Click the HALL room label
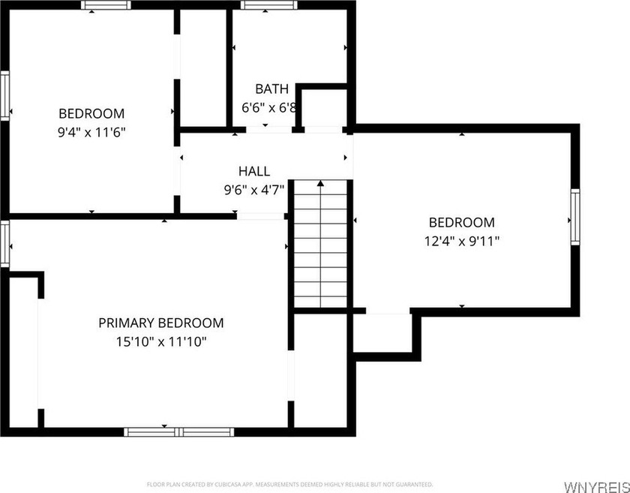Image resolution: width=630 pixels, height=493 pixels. [x=253, y=171]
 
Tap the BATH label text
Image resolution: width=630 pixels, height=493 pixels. [x=271, y=89]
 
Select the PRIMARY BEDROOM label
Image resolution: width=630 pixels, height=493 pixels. [x=161, y=323]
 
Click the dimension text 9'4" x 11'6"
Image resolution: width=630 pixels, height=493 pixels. [x=91, y=132]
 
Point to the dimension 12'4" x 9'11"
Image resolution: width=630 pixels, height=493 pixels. [x=461, y=241]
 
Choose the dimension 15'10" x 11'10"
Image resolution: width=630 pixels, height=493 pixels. [x=161, y=342]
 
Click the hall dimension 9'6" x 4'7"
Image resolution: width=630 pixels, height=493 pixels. [x=253, y=190]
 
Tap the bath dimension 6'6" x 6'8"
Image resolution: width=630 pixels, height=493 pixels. [x=269, y=107]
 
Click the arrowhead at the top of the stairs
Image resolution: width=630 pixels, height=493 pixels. [x=321, y=182]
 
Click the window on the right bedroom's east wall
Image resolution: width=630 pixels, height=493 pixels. [x=575, y=216]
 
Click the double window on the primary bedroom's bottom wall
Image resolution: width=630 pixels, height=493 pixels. [x=179, y=431]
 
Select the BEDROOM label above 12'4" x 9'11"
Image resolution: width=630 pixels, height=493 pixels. [x=461, y=222]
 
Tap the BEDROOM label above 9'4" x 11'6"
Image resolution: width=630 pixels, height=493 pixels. [x=91, y=114]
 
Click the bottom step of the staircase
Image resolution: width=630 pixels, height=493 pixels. [x=321, y=300]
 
